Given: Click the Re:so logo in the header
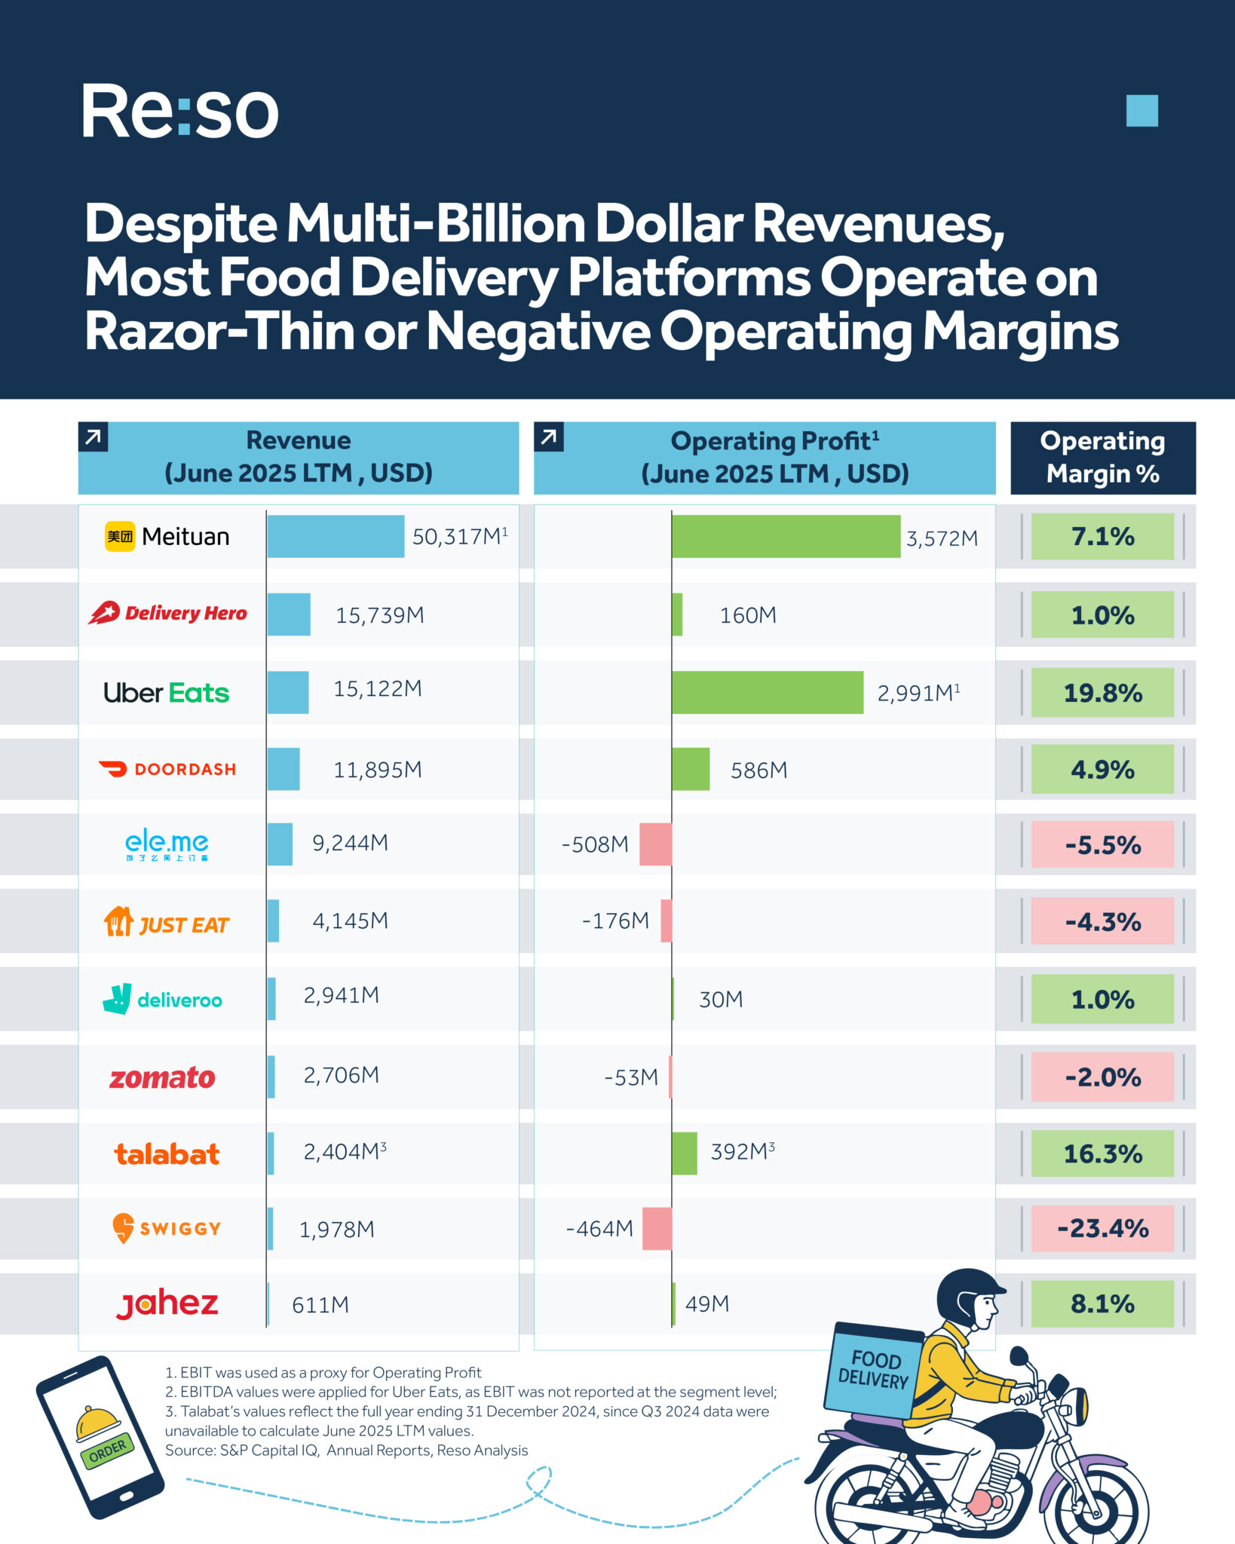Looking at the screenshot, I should (x=179, y=112).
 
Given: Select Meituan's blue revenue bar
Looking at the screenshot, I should (x=335, y=536).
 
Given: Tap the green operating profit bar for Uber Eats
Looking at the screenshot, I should (x=767, y=692).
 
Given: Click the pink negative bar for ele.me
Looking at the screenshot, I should (x=655, y=844).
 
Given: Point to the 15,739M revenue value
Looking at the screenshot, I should (x=379, y=615).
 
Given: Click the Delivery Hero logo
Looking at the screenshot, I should (x=167, y=613).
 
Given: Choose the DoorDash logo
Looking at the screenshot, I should (x=167, y=769).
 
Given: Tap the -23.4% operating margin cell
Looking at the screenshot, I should (x=1102, y=1228).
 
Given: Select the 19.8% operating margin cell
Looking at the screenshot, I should (x=1102, y=692).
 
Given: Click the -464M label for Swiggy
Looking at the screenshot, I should (x=599, y=1228).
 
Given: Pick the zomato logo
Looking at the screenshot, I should (x=162, y=1077).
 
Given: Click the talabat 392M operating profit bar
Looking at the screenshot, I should (x=684, y=1153).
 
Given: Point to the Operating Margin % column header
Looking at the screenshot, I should (x=1102, y=457).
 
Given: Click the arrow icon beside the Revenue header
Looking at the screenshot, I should (x=93, y=437).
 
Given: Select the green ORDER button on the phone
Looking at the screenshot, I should (x=107, y=1450).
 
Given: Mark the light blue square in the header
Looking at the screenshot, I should (x=1142, y=111).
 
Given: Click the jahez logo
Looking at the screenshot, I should (x=167, y=1304).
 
